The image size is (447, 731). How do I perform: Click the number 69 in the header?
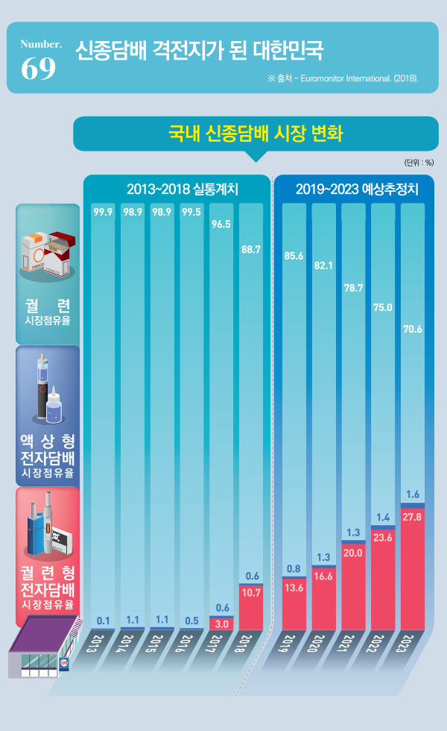pyautogui.click(x=39, y=69)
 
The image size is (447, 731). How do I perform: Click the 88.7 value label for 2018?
pyautogui.click(x=251, y=250)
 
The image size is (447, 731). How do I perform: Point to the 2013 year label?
pyautogui.click(x=104, y=644)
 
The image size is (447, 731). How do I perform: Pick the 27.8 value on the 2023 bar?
pyautogui.click(x=413, y=516)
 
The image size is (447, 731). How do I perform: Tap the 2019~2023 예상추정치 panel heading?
pyautogui.click(x=357, y=189)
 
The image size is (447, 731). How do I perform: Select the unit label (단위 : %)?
pyautogui.click(x=419, y=162)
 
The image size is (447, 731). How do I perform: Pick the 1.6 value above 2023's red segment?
pyautogui.click(x=413, y=495)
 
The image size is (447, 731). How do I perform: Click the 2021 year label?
pyautogui.click(x=354, y=644)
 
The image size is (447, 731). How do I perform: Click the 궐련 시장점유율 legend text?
pyautogui.click(x=48, y=313)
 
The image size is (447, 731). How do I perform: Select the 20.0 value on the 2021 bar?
pyautogui.click(x=353, y=553)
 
